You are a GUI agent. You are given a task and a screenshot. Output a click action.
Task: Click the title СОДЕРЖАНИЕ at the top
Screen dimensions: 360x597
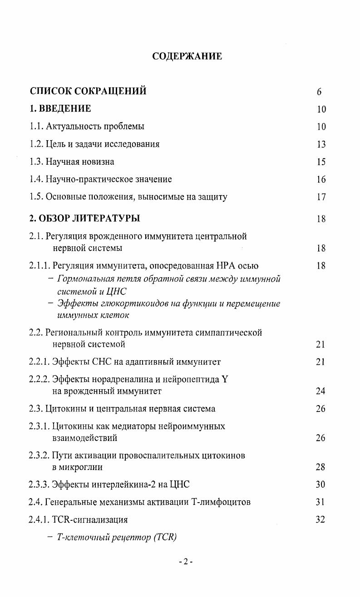[187, 57]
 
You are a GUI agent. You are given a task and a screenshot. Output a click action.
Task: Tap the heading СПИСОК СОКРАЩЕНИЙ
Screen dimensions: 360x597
[88, 91]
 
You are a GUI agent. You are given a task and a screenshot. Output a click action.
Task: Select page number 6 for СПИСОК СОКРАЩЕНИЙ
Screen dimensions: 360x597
[320, 92]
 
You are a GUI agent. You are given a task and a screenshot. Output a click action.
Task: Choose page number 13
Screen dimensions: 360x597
[321, 144]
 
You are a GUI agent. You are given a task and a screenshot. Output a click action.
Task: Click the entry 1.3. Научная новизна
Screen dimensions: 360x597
[72, 161]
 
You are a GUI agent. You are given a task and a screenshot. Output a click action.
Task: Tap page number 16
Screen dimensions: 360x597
[321, 180]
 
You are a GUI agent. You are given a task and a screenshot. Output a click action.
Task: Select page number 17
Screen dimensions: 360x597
[321, 197]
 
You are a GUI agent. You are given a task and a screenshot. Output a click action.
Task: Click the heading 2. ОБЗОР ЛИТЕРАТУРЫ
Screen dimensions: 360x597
[85, 219]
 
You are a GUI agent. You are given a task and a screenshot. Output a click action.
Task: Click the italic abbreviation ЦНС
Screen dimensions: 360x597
[116, 291]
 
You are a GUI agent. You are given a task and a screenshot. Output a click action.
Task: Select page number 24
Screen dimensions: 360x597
[321, 391]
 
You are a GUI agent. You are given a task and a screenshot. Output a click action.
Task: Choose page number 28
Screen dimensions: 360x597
[321, 467]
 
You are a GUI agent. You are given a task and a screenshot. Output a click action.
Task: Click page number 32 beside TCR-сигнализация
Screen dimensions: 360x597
[321, 520]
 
